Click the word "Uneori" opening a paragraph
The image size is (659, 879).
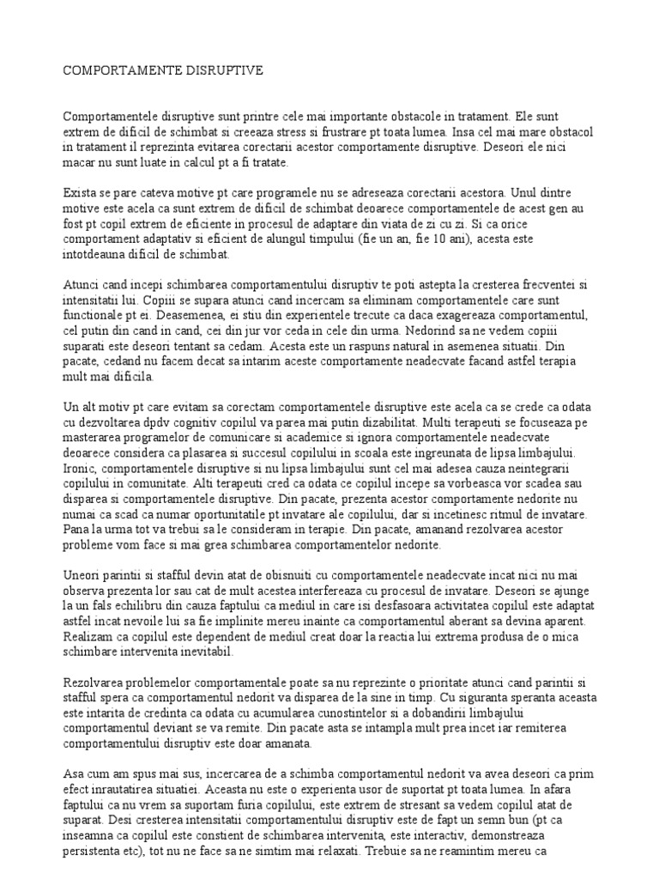coord(82,576)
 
